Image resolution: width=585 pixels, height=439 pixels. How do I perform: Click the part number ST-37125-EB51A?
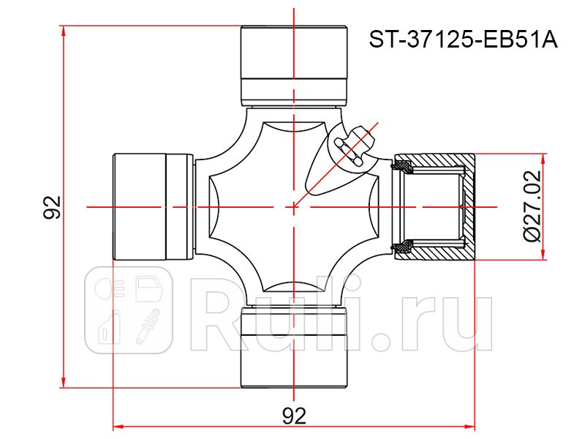pos(462,39)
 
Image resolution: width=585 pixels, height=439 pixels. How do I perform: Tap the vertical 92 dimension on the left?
pos(51,208)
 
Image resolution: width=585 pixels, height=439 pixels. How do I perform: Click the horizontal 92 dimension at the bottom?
pos(294,415)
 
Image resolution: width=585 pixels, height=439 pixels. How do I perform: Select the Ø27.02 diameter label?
pos(532,207)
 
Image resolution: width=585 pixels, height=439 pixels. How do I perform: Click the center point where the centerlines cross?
pos(294,207)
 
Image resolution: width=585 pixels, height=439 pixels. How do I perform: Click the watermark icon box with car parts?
pos(128,310)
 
